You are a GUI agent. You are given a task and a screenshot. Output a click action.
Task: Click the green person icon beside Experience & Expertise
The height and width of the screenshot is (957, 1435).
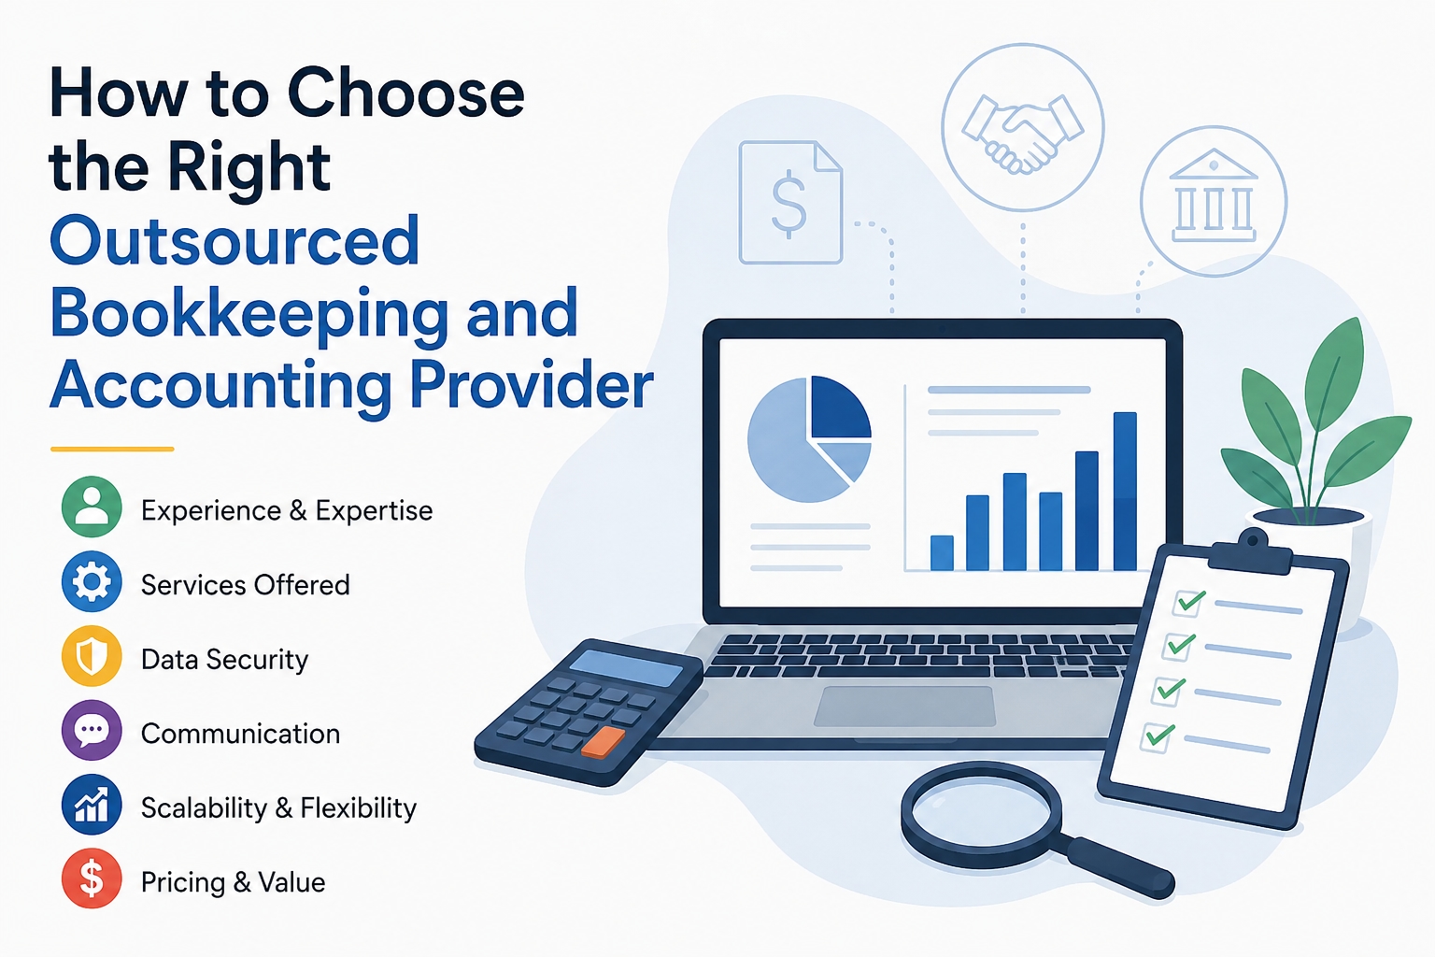click(92, 507)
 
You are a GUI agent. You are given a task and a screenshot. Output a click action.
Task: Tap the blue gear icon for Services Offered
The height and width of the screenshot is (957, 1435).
click(92, 581)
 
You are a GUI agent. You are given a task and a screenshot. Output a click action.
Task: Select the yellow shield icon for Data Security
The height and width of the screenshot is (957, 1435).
click(92, 656)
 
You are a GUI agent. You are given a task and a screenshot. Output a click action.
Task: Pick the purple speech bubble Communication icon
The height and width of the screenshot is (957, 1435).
click(92, 730)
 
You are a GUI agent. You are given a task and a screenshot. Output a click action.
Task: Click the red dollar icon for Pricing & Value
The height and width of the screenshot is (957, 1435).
click(92, 878)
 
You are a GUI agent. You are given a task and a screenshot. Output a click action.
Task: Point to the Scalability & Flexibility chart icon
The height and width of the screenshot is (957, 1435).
click(92, 805)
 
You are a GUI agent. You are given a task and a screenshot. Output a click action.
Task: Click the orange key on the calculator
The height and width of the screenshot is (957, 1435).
click(603, 742)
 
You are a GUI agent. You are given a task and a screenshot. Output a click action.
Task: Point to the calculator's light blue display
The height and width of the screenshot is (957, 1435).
click(626, 668)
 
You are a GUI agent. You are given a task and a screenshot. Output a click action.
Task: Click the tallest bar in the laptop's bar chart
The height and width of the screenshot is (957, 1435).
click(1125, 491)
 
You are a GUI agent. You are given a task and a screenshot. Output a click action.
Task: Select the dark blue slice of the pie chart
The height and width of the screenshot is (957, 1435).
click(841, 407)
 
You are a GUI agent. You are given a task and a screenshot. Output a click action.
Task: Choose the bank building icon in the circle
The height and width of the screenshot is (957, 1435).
click(1214, 196)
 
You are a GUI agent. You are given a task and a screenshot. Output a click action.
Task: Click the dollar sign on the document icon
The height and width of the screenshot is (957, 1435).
click(789, 204)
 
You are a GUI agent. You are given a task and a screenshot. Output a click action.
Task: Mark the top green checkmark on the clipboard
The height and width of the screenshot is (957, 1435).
click(1190, 601)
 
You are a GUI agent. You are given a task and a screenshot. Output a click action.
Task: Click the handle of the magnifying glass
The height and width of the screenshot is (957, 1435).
click(1118, 865)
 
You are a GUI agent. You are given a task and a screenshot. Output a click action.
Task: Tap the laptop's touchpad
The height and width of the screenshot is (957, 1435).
click(904, 707)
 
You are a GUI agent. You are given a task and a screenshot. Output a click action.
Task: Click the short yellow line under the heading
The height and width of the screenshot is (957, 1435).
click(112, 450)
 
